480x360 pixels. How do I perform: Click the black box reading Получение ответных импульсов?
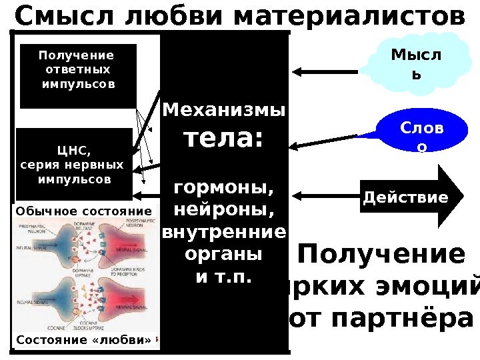click(x=78, y=75)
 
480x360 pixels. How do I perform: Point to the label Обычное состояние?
click(x=84, y=211)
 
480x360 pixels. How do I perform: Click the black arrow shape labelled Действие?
click(x=405, y=197)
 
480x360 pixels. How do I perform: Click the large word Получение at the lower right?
click(x=382, y=255)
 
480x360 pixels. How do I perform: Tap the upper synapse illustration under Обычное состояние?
click(x=84, y=247)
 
